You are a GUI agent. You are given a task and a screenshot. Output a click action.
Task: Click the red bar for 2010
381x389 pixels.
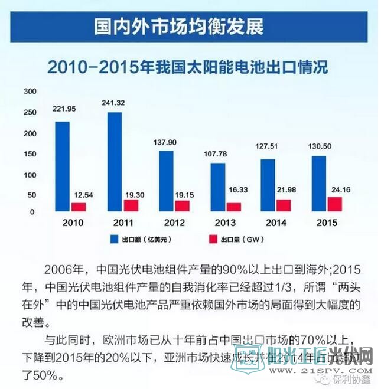(x=79, y=207)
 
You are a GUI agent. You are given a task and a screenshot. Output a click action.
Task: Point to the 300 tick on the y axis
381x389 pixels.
(x=30, y=91)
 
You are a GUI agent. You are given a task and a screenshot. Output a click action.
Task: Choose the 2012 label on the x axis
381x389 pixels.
(x=166, y=223)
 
